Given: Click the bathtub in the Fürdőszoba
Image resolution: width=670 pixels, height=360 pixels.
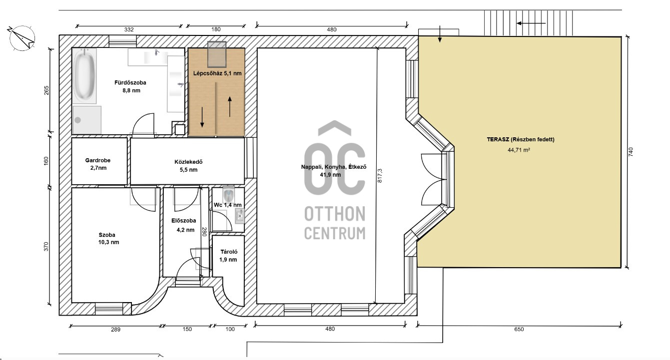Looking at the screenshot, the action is click(84, 76).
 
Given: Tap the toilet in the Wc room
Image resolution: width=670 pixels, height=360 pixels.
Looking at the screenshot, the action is click(229, 194).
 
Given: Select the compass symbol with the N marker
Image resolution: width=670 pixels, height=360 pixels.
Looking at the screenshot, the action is click(22, 38).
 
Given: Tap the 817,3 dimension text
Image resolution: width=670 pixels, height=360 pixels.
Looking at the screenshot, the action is click(380, 176).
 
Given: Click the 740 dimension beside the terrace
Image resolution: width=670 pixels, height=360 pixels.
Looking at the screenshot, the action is click(631, 152).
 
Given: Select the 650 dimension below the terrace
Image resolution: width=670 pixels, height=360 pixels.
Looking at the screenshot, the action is click(519, 329).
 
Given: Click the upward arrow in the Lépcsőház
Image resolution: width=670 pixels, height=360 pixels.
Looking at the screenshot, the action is click(230, 106).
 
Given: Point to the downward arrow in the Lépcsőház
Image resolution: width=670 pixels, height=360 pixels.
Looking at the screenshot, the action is click(202, 117).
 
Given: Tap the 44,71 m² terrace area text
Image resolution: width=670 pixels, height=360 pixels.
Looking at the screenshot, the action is click(519, 150).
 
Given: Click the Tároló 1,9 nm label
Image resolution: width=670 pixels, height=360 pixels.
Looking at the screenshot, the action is click(228, 256).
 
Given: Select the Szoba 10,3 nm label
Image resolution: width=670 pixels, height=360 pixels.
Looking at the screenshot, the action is click(108, 239).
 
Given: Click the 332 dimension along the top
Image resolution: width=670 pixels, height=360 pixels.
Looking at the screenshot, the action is click(129, 29).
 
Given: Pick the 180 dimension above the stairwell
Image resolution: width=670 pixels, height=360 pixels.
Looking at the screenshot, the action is click(216, 29).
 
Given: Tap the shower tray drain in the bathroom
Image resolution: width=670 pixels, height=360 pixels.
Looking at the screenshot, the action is click(78, 120).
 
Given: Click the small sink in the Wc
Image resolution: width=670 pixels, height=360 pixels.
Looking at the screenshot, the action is click(240, 216).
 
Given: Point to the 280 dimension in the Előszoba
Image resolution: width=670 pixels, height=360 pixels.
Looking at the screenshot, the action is click(204, 232).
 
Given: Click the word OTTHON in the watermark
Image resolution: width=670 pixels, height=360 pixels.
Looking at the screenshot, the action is click(335, 214).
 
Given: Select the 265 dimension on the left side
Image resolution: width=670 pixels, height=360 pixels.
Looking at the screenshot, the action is click(46, 90).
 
